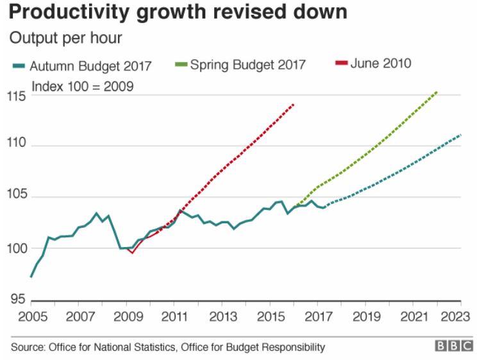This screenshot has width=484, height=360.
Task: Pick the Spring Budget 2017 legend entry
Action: pos(240,65)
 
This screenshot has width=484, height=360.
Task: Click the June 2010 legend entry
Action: pos(373,64)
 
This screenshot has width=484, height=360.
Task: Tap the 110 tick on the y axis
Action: pos(19,145)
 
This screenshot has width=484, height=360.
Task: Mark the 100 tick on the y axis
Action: pos(19,248)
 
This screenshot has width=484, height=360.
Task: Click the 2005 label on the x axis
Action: pos(31,316)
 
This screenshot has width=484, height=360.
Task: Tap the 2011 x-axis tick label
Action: pos(174,316)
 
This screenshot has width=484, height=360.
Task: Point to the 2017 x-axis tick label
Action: pos(318,316)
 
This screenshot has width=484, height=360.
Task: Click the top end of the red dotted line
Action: pos(294,103)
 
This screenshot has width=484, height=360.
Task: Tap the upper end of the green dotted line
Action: pos(437,91)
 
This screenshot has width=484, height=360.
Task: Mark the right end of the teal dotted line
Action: pos(461,135)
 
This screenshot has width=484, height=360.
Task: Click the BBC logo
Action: pos(453,347)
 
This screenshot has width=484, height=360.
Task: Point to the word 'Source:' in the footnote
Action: pos(28,347)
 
